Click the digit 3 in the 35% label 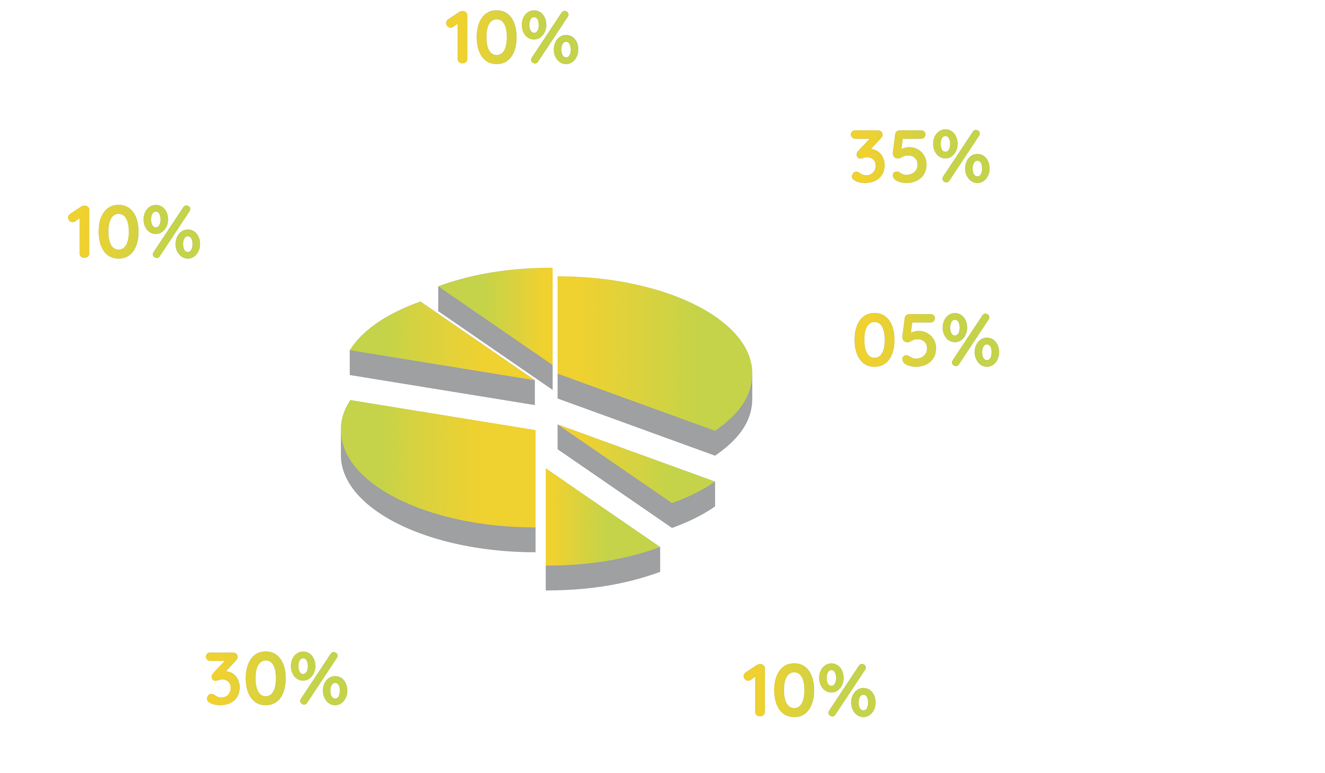tap(868, 157)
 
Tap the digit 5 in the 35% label tap(910, 157)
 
